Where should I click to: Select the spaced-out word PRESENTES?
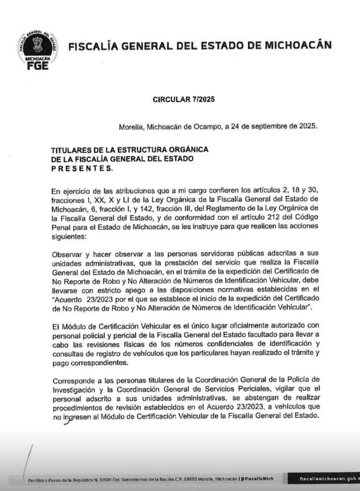tap(81, 168)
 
